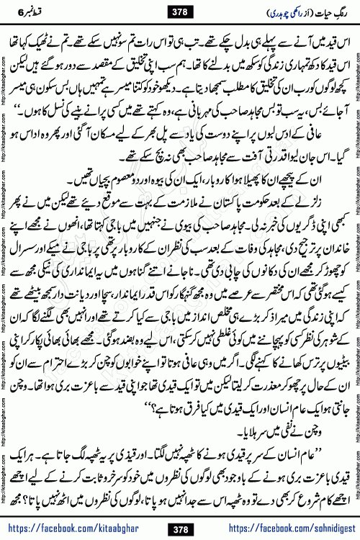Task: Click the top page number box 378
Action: pyautogui.click(x=180, y=10)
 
